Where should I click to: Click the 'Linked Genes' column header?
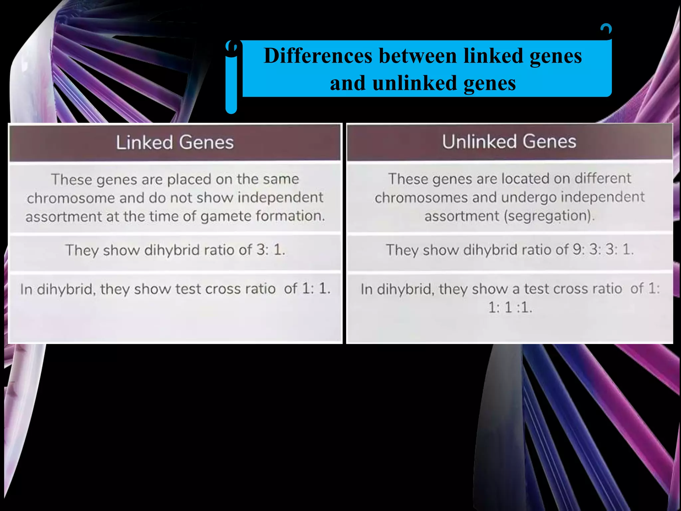pyautogui.click(x=175, y=142)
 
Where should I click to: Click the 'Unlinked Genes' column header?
pyautogui.click(x=509, y=142)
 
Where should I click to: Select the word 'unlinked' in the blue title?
pyautogui.click(x=414, y=83)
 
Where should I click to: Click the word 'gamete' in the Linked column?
pyautogui.click(x=226, y=217)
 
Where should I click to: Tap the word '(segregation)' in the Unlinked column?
pyautogui.click(x=549, y=216)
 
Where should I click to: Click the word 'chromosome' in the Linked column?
pyautogui.click(x=71, y=198)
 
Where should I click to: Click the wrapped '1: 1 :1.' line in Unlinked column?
pyautogui.click(x=510, y=307)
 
